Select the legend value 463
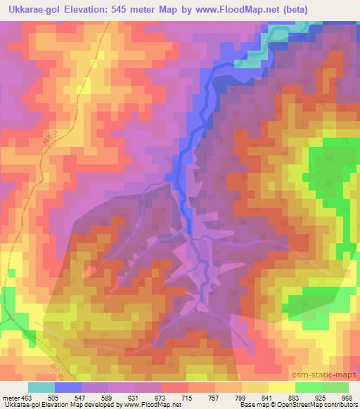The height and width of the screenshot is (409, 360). pos(27,397)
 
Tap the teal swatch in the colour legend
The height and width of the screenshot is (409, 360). pos(41,387)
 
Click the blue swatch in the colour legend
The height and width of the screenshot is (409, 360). pos(67,387)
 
